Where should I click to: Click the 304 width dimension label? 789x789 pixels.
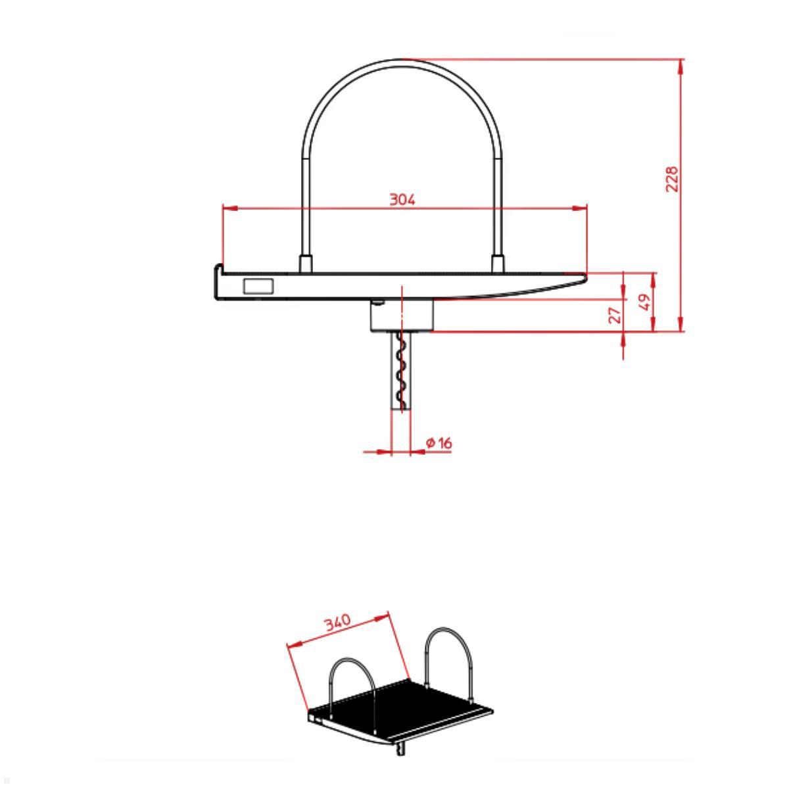(x=402, y=199)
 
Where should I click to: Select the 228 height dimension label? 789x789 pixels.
(x=671, y=179)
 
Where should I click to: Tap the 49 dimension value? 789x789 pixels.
(x=645, y=302)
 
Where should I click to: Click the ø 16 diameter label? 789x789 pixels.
(x=439, y=443)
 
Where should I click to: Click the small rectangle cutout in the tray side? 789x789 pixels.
(x=258, y=286)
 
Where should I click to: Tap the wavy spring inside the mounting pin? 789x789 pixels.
(x=399, y=371)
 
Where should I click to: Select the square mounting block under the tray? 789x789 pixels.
(x=402, y=316)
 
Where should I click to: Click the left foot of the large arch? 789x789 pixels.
(x=305, y=264)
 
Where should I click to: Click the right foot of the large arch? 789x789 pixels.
(x=498, y=264)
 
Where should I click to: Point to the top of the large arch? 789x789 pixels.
(x=402, y=61)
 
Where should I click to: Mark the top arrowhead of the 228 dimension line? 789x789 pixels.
(x=680, y=65)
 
